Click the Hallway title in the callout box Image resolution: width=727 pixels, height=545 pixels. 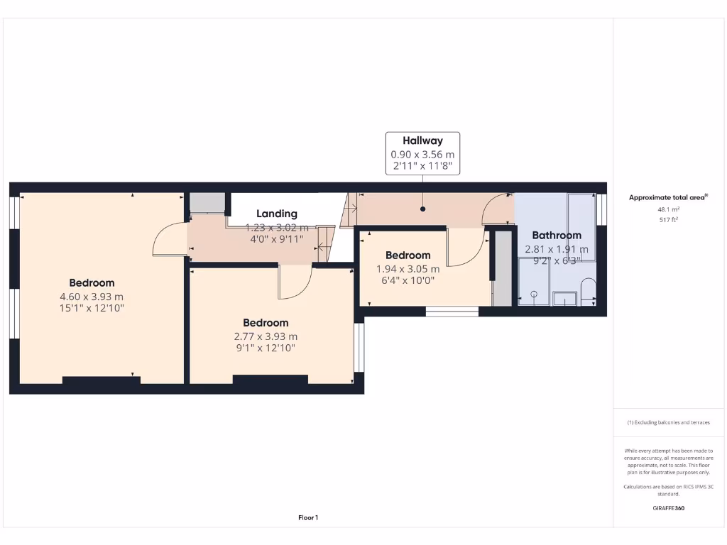point(422,141)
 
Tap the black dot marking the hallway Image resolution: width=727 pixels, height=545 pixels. point(423,209)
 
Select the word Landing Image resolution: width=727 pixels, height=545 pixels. point(277,214)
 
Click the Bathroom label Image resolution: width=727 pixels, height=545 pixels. point(557,235)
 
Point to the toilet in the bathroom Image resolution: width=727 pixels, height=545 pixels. point(588,292)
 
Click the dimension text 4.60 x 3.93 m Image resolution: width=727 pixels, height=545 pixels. point(92,297)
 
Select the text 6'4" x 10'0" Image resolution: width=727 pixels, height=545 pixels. point(408,281)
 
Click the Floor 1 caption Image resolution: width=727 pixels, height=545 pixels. point(307,518)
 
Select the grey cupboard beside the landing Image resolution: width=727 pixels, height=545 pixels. point(207,203)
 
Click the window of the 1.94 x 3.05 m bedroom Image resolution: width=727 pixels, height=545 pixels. point(452,311)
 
